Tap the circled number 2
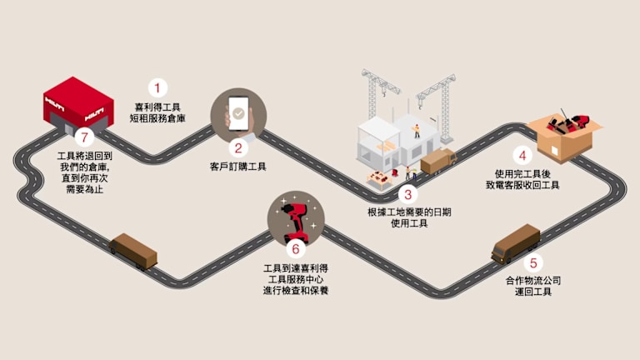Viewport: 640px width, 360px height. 238,149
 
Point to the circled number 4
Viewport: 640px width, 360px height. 522,155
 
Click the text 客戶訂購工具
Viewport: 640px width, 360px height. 238,167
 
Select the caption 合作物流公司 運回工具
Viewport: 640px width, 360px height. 533,286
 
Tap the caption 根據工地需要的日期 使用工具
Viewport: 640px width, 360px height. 408,218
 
